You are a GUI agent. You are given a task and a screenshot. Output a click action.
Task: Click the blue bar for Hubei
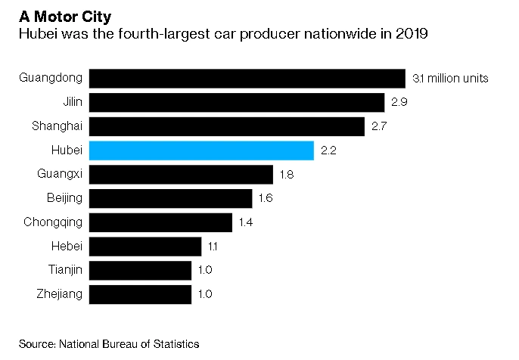click(x=201, y=151)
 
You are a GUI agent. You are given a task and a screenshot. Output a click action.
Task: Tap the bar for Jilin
click(x=237, y=103)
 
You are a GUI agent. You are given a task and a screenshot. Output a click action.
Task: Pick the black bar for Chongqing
click(x=160, y=222)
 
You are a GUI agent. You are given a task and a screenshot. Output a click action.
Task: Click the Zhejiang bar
click(x=140, y=294)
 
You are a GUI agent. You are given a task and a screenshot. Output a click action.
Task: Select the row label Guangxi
click(x=61, y=175)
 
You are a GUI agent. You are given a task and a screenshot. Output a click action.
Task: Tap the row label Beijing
click(x=65, y=198)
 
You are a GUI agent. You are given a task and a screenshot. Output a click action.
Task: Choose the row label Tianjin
click(x=64, y=270)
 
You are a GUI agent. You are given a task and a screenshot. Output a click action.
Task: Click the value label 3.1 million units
click(x=450, y=79)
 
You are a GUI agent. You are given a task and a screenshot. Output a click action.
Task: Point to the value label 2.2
click(x=328, y=151)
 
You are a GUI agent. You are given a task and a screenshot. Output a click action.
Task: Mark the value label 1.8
click(x=286, y=175)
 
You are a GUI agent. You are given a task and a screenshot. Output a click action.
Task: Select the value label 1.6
click(x=265, y=198)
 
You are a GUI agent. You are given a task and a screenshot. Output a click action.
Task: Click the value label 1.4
click(x=245, y=222)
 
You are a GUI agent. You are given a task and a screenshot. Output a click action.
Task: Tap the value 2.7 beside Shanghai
click(x=378, y=126)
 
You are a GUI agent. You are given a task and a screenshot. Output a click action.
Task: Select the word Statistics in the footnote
click(x=176, y=344)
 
